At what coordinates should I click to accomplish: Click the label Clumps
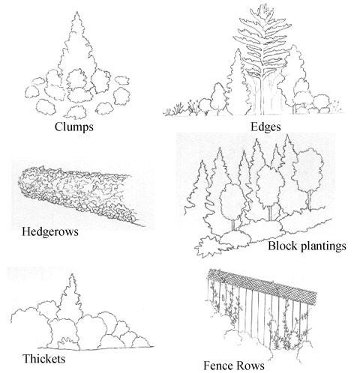coord(74,127)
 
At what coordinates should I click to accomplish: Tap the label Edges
coord(265,127)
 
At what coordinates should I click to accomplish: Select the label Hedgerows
coord(50,232)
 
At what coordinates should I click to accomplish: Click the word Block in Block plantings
coord(283,246)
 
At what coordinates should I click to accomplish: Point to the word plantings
coord(323,246)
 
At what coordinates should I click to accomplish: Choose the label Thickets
coord(44,359)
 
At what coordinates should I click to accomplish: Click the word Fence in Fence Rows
coord(218,366)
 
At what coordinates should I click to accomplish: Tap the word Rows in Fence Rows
coord(250,366)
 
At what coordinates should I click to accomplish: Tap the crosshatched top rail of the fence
coord(262,286)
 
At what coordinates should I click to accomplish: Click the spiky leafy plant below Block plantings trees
coord(208,246)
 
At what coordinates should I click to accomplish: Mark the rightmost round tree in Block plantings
coord(308,170)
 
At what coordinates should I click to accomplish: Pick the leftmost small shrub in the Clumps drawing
coord(32,91)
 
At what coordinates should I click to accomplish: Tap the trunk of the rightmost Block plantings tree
coord(310,201)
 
